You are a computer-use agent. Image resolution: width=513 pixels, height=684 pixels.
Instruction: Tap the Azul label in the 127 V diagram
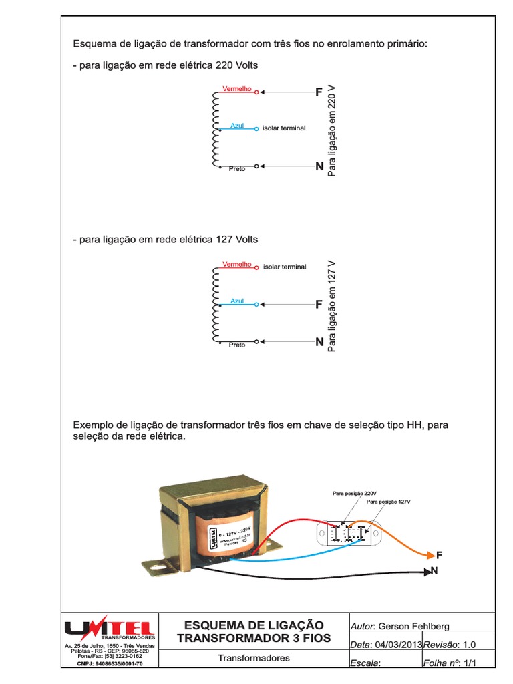(x=238, y=301)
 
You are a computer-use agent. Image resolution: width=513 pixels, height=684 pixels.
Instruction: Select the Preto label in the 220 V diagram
(x=237, y=169)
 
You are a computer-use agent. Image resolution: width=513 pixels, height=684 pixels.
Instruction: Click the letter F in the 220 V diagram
(x=319, y=92)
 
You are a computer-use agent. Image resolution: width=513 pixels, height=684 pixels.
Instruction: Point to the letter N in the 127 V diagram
(x=319, y=342)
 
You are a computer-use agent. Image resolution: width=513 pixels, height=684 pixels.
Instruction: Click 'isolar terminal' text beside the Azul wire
(x=284, y=128)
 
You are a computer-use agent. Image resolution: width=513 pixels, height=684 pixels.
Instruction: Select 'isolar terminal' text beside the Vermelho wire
(x=285, y=267)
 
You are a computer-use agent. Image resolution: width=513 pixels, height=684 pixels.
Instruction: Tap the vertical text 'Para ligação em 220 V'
(x=332, y=131)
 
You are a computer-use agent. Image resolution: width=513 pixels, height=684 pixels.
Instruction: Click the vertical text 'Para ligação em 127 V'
(x=332, y=307)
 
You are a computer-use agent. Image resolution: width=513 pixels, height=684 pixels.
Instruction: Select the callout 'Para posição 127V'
(x=389, y=501)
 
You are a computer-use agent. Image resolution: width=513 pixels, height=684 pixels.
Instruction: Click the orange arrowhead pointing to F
(x=430, y=554)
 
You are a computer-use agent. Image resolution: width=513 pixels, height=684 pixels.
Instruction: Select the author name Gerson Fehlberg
(x=413, y=626)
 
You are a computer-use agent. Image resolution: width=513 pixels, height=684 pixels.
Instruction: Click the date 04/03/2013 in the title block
(x=397, y=645)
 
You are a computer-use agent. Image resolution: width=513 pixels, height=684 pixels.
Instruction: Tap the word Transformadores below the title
(x=254, y=658)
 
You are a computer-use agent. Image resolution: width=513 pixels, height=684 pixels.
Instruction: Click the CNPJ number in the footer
(x=110, y=664)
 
